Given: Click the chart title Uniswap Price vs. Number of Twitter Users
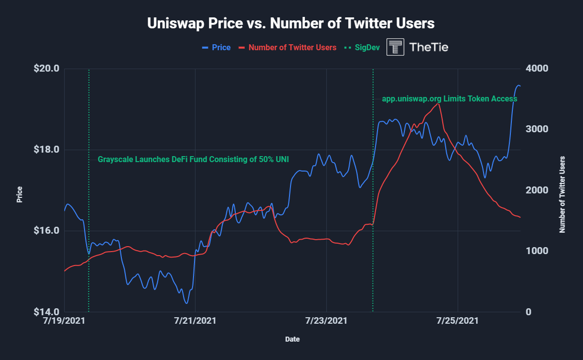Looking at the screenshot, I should [291, 23].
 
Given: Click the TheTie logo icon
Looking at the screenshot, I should [395, 47].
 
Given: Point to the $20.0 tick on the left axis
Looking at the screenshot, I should [46, 69].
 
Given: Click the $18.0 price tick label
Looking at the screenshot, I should [46, 150].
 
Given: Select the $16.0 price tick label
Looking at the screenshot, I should [46, 231].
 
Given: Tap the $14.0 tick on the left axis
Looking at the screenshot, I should [46, 312].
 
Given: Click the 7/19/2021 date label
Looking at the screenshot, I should [64, 322].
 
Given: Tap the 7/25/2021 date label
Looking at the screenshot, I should [458, 322].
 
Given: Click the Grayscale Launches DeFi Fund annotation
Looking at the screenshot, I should [193, 160].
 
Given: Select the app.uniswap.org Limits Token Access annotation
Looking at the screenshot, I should [449, 99].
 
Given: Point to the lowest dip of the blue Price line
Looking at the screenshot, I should [186, 303].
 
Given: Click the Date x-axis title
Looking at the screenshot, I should [292, 340].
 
